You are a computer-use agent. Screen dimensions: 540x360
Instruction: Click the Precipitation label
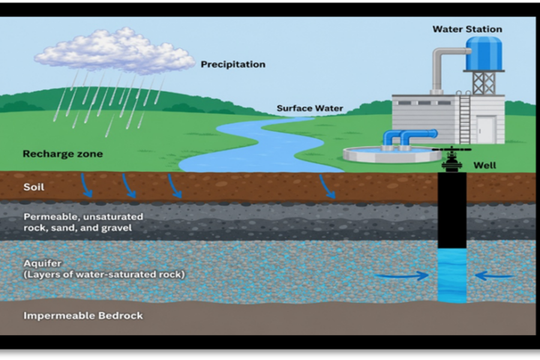232,64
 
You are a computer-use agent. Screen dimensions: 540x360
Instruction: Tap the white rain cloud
114,51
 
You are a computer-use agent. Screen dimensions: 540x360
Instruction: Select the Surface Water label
310,108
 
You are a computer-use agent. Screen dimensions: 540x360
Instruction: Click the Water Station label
467,29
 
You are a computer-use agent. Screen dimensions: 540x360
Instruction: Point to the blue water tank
484,54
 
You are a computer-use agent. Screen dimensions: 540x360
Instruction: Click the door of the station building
486,130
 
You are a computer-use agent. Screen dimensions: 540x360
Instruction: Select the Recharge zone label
63,154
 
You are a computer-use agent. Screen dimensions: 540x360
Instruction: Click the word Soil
34,187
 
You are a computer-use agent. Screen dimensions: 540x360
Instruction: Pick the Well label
484,165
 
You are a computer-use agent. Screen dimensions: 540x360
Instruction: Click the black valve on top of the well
451,158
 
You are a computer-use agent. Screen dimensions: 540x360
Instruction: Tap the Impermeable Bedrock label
83,316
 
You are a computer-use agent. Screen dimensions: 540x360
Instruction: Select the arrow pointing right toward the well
401,275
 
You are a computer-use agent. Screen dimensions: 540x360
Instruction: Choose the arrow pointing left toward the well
494,275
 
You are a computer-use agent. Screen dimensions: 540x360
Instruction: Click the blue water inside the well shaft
452,275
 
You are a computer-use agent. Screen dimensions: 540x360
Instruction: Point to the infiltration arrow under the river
327,187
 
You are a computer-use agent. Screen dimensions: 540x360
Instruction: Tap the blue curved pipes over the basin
409,139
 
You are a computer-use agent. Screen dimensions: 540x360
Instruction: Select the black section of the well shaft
452,210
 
